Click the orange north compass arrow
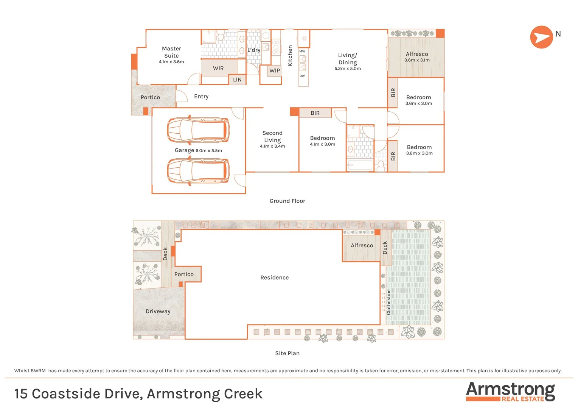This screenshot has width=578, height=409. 541,37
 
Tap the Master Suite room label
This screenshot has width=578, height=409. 171,52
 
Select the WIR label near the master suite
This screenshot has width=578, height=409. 218,69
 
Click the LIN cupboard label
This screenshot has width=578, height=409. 237,80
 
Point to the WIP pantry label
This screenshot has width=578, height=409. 275,71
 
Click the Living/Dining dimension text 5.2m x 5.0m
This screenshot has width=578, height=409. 348,69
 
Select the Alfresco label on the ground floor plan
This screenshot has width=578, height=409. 417,54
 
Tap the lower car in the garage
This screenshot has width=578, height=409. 198,171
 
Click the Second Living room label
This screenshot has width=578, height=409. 272,136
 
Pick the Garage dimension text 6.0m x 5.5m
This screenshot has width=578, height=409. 209,151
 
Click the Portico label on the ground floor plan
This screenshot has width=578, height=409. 150,97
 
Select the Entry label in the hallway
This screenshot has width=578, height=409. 201,97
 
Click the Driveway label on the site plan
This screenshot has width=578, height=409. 158,311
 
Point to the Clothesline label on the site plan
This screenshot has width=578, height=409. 388,302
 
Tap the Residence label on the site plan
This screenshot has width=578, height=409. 275,278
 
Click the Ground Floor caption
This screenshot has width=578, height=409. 287,201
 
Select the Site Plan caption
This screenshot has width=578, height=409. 287,353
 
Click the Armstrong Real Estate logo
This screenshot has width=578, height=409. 510,392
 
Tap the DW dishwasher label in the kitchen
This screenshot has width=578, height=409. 302,76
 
